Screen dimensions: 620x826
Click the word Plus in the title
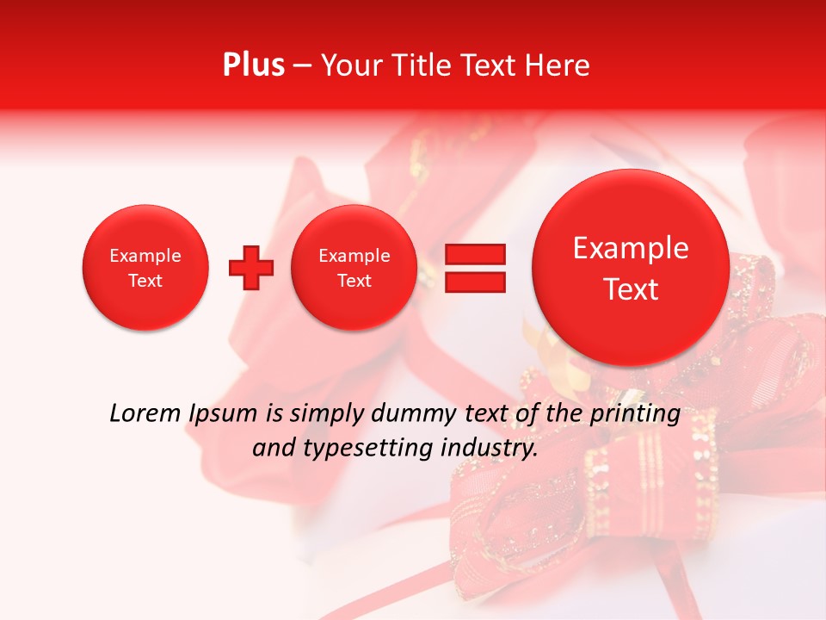tap(253, 65)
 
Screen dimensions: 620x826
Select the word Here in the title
tap(557, 65)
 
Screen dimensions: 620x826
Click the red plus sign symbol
tap(251, 268)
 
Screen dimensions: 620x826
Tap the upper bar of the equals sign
tap(474, 254)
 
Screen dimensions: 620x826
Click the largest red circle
tap(631, 267)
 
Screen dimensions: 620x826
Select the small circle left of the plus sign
tap(145, 268)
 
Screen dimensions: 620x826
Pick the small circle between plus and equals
tap(354, 268)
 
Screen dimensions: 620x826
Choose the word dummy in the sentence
tap(414, 414)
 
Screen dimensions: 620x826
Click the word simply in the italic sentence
tap(327, 414)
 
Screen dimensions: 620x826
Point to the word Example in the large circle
tap(631, 248)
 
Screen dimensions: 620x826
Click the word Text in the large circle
tap(631, 289)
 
